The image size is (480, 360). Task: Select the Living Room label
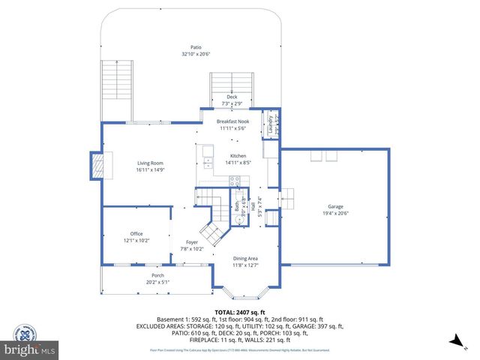click(x=150, y=163)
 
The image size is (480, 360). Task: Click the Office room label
click(x=136, y=234)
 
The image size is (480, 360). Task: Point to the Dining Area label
click(x=244, y=258)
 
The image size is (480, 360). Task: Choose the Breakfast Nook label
click(x=233, y=121)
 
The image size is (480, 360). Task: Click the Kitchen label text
click(x=238, y=155)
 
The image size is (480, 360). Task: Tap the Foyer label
click(x=192, y=242)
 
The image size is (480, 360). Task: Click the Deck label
click(x=232, y=97)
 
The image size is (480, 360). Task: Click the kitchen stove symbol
click(x=234, y=181)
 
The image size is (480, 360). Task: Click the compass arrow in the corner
click(x=455, y=341)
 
